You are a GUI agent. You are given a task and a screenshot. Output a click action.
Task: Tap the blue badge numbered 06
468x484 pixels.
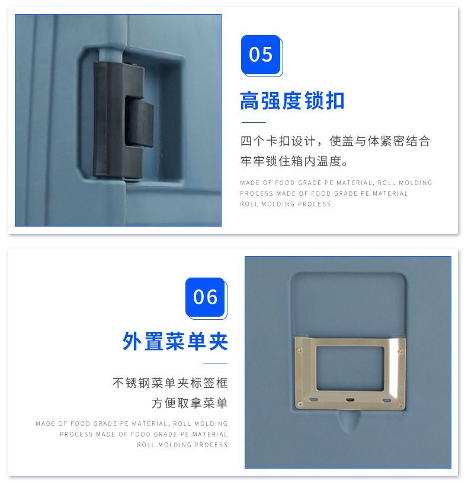pos(206,297)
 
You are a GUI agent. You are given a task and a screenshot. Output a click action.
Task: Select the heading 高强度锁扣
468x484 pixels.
pos(292,101)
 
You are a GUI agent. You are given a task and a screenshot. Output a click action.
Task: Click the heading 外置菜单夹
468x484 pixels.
pos(175,342)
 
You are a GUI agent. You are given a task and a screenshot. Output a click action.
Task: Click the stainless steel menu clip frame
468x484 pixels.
pos(350,374)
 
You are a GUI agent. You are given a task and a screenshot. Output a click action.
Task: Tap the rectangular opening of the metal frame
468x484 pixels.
pos(350,368)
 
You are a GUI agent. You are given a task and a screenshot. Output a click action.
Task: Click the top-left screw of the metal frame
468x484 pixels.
pos(299,349)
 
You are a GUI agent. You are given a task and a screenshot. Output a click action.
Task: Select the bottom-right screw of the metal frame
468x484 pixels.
pos(400,405)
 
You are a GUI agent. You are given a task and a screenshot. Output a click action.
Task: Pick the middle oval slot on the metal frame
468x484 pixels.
pos(350,400)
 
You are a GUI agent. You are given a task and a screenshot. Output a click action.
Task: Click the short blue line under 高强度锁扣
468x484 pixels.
pos(254,122)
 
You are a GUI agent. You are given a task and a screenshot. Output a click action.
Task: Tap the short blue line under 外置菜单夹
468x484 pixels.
pos(215,364)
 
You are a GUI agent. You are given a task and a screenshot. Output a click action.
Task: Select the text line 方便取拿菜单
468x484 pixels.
pos(190,403)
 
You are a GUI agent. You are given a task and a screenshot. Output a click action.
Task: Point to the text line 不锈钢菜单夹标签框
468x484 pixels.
pos(170,383)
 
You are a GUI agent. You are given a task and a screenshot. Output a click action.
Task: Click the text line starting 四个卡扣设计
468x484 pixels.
pos(335,141)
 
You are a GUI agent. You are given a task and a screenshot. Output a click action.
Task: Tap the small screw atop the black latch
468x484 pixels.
pos(134,65)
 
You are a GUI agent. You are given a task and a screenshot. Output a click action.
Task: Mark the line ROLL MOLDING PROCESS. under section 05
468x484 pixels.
pos(286,204)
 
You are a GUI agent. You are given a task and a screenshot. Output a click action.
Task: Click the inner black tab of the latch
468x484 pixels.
pos(139,122)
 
